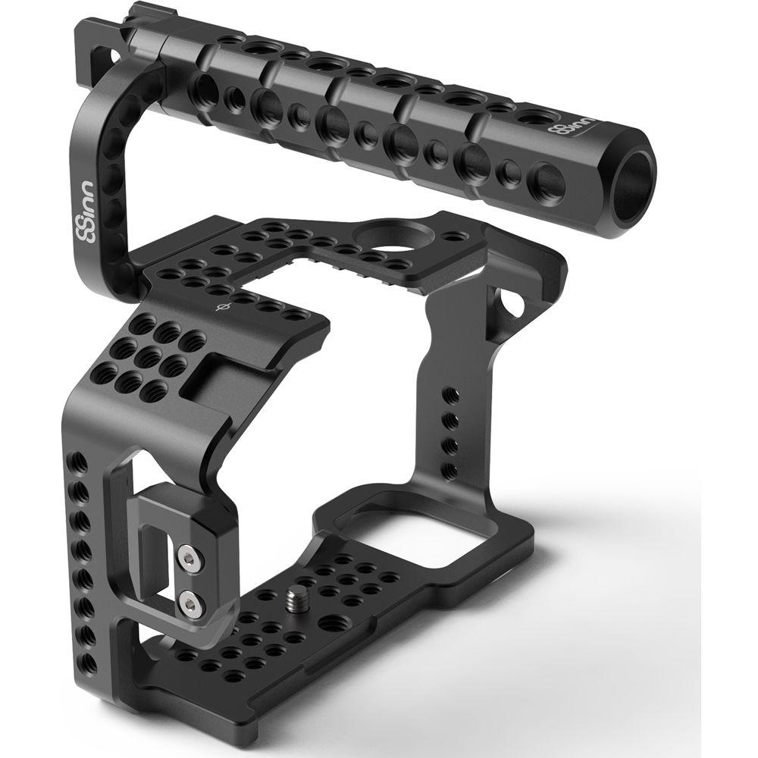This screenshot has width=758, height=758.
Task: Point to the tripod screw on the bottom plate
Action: [x=293, y=603]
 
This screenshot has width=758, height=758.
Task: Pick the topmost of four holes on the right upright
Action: [x=450, y=395]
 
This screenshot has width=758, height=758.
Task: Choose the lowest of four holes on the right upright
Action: [x=449, y=468]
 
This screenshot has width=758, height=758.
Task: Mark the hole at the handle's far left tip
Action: [x=114, y=56]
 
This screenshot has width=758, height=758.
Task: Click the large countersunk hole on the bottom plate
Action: [x=331, y=622]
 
